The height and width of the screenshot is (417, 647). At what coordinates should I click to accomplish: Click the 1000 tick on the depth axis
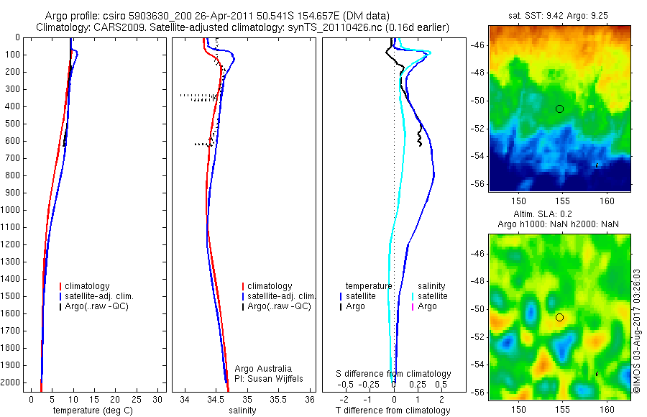pos(12,210)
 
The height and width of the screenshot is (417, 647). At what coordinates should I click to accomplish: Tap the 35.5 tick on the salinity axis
pos(278,399)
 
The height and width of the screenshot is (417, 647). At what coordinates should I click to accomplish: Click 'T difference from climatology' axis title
pos(393,411)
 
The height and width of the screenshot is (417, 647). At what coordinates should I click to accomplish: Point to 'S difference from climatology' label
pos(393,374)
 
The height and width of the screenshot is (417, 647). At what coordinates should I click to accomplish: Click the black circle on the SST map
pos(559,109)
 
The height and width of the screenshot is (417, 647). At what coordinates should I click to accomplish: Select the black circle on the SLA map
pos(559,317)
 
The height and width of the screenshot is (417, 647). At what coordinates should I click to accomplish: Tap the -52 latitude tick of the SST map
pos(478,129)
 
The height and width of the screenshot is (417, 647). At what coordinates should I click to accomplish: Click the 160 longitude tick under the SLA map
pos(607,409)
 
